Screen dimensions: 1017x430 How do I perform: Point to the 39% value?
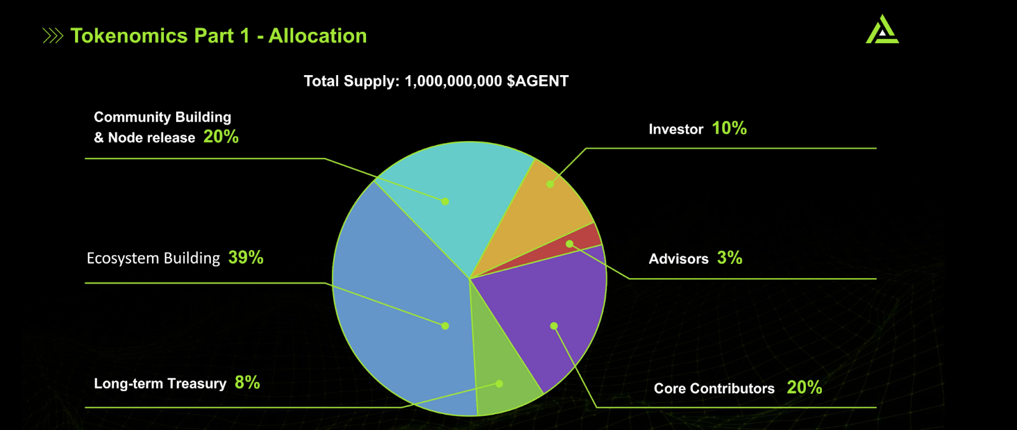245,258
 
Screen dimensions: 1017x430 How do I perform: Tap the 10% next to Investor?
729,128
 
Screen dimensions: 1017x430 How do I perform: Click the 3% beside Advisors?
730,258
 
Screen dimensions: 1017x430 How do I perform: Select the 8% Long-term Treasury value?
247,383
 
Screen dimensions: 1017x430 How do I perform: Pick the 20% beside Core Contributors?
805,387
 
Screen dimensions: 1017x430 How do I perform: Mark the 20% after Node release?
221,136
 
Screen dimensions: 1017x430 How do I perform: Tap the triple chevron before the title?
53,36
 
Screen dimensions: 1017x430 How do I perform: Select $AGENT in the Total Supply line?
538,81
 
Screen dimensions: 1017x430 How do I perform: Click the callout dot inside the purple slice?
554,326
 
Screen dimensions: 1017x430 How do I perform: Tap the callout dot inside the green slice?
499,384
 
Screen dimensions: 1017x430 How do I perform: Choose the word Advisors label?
678,259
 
